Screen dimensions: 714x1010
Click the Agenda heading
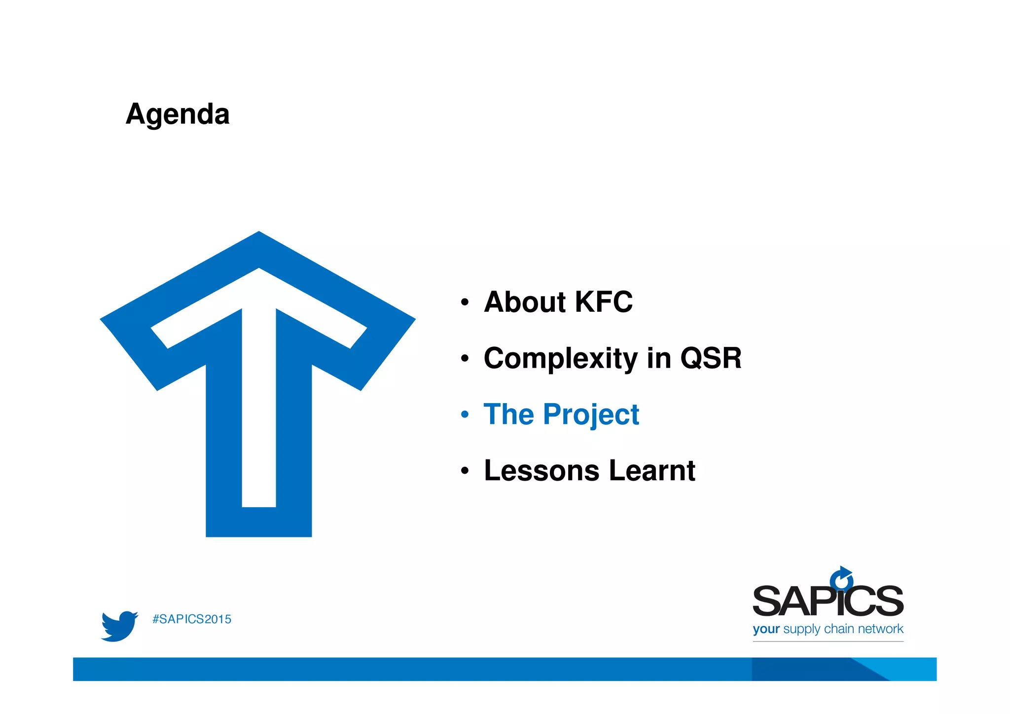tap(178, 114)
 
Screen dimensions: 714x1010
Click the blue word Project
tap(591, 414)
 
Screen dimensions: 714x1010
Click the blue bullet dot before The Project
tap(465, 414)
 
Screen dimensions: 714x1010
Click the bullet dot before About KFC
tap(465, 302)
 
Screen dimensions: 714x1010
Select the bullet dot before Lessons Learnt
tap(465, 471)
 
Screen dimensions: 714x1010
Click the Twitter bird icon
tap(119, 626)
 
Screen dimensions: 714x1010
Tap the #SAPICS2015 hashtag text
tap(192, 619)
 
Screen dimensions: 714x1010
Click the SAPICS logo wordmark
tap(828, 601)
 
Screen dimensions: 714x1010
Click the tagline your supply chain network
tap(828, 629)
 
